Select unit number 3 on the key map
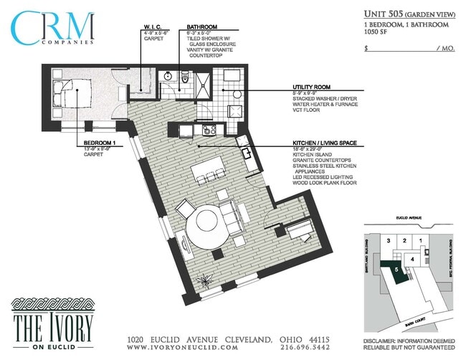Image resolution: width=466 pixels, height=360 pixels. (x=388, y=240)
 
